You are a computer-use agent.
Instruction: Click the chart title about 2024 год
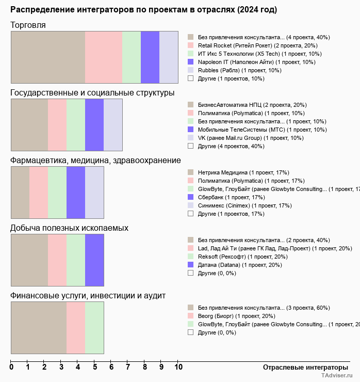(x=143, y=10)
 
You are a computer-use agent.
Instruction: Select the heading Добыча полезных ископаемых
(x=69, y=228)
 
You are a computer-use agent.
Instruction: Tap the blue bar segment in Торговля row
(x=150, y=57)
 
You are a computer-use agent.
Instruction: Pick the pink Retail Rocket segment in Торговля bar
(x=103, y=57)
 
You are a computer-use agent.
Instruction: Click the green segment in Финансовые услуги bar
(x=94, y=328)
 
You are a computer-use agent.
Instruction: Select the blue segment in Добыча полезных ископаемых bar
(x=94, y=260)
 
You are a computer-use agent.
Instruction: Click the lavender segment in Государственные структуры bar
(x=113, y=125)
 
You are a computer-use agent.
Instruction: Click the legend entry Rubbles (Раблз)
(x=239, y=70)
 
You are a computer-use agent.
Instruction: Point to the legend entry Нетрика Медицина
(x=243, y=172)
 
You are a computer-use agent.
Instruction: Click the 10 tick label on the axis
(x=178, y=368)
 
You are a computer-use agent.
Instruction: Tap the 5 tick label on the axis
(x=95, y=368)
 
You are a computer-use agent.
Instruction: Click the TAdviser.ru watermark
(x=337, y=376)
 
